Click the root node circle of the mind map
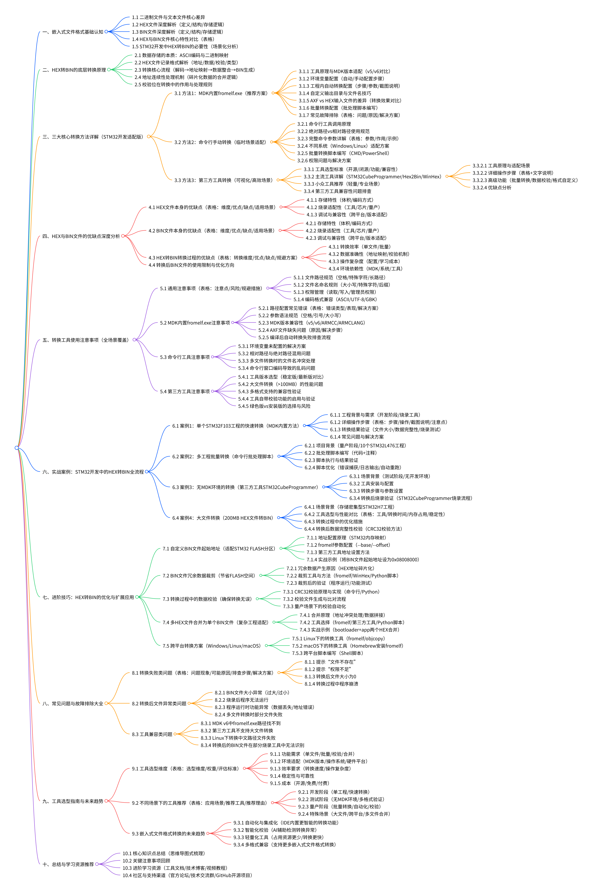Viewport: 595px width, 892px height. pyautogui.click(x=17, y=448)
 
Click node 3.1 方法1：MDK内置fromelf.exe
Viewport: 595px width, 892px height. pyautogui.click(x=221, y=93)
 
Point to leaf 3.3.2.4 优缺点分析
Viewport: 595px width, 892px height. pyautogui.click(x=492, y=188)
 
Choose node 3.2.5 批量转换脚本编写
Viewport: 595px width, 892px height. pyautogui.click(x=343, y=153)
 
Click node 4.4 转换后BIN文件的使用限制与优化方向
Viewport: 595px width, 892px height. pyautogui.click(x=191, y=265)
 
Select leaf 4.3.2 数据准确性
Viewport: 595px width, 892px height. pyautogui.click(x=368, y=254)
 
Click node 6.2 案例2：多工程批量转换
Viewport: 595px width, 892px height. pyautogui.click(x=223, y=456)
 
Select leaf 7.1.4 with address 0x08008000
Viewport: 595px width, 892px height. pyautogui.click(x=363, y=560)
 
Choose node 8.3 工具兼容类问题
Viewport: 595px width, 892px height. pyautogui.click(x=152, y=734)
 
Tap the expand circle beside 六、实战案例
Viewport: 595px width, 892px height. pyautogui.click(x=146, y=472)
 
